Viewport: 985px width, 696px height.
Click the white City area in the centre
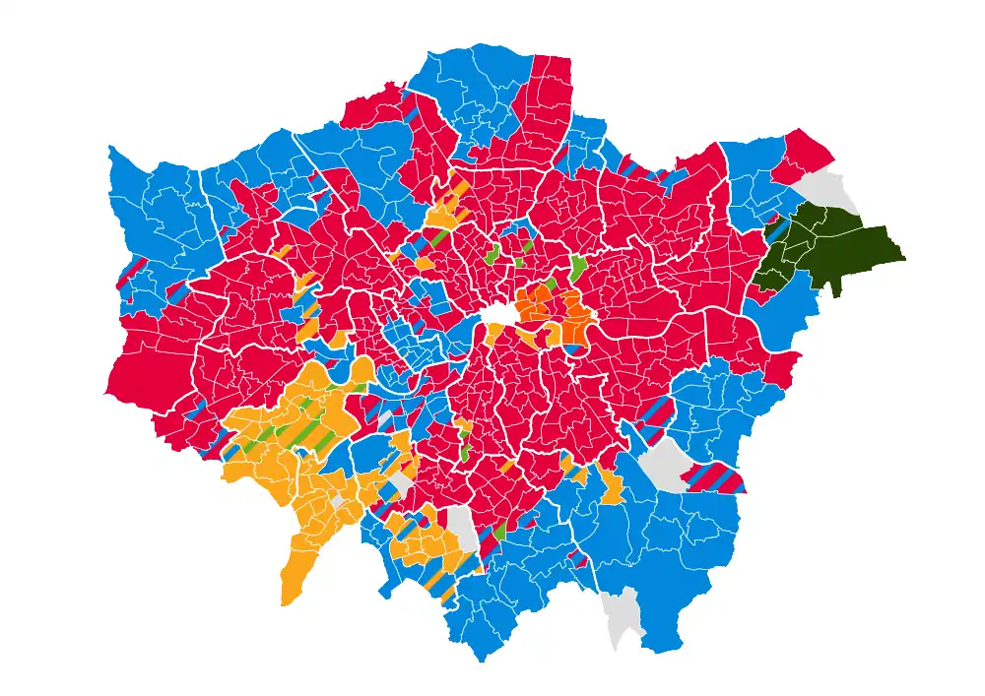(499, 313)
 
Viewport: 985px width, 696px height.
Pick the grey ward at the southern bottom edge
(621, 615)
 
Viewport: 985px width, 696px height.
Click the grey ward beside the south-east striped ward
(666, 462)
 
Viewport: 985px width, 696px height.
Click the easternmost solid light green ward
(578, 267)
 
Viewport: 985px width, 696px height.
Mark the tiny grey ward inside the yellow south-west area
(338, 501)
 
